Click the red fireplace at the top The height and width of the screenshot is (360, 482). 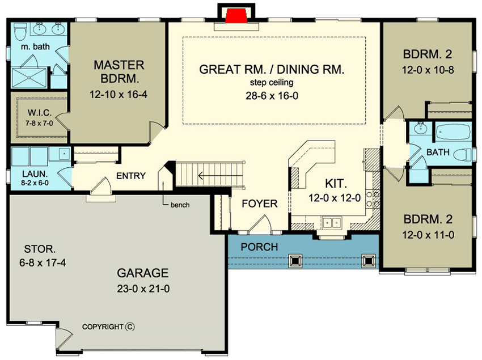tap(231, 15)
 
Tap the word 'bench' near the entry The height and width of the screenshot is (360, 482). tap(180, 205)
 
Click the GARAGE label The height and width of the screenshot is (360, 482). tap(143, 272)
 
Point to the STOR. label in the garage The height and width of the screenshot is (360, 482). tap(40, 248)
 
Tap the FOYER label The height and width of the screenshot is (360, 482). tap(260, 204)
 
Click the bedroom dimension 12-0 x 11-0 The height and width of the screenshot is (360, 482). tap(427, 234)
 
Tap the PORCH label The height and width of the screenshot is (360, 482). tap(259, 247)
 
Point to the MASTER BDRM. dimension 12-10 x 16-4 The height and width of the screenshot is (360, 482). tap(119, 94)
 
